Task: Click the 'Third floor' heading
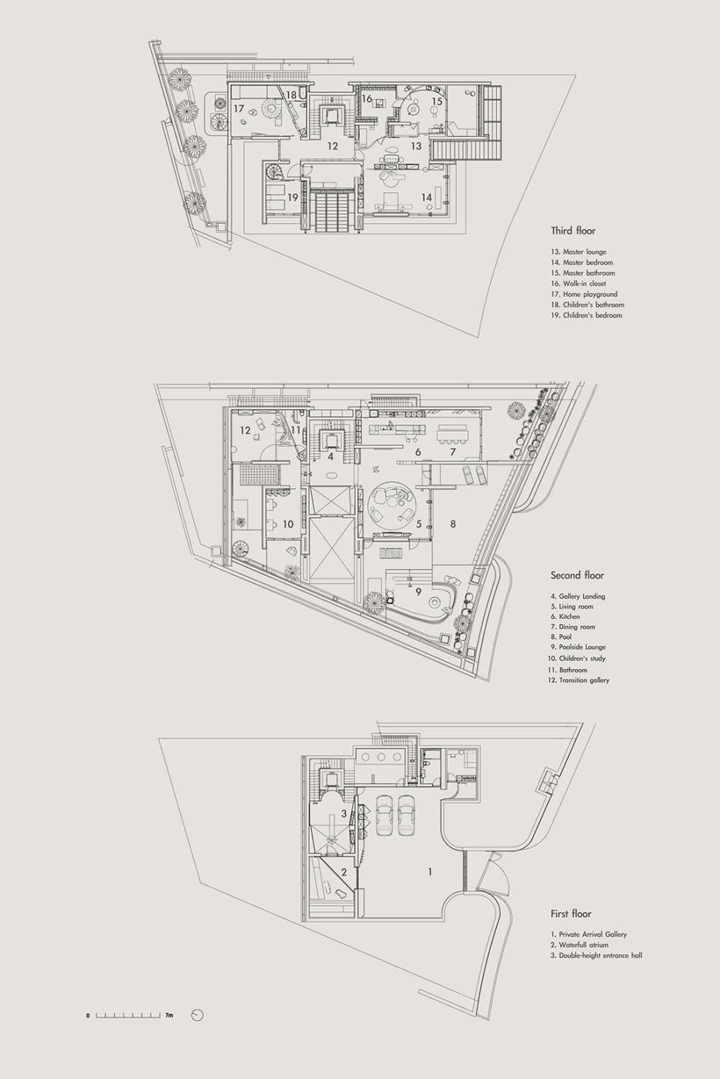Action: pos(573,231)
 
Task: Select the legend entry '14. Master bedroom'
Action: pos(582,263)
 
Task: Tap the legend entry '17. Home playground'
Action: pos(584,293)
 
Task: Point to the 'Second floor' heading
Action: pos(577,575)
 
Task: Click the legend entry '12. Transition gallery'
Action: pos(580,680)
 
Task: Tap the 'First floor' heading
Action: pos(571,914)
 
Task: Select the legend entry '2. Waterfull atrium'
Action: pos(579,944)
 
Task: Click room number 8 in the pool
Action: pos(453,524)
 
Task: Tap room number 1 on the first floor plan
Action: pos(430,872)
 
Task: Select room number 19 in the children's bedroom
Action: pos(292,197)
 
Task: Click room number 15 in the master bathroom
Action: pos(437,101)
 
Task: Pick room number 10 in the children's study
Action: pos(288,524)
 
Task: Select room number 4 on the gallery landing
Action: pos(330,456)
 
